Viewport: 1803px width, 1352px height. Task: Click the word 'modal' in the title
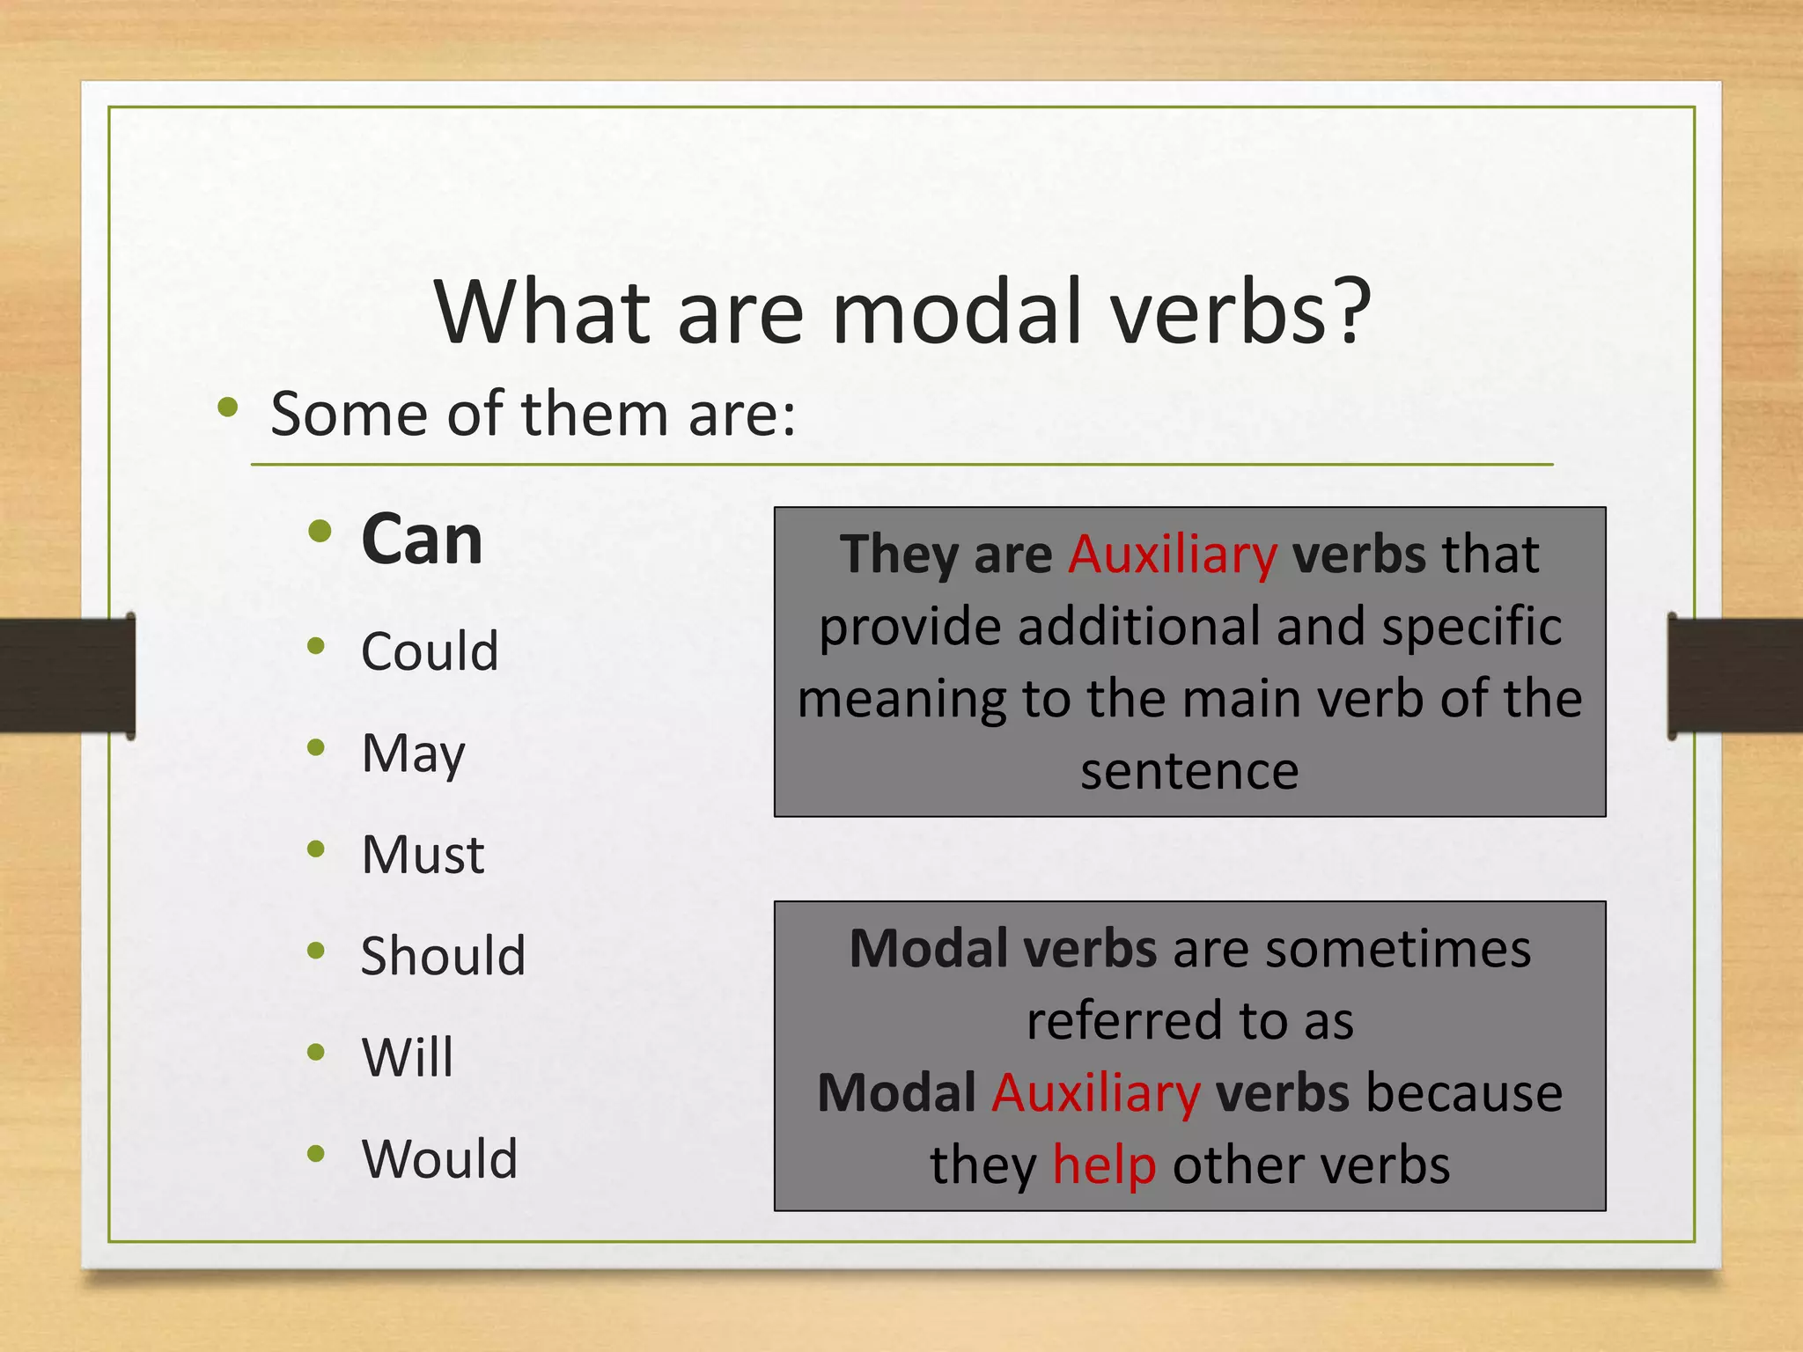(x=956, y=312)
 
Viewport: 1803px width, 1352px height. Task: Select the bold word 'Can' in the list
(x=422, y=540)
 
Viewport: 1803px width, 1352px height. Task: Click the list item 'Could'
(x=430, y=651)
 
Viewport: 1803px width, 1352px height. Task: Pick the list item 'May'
(x=413, y=754)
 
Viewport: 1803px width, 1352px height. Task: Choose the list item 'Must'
(x=423, y=855)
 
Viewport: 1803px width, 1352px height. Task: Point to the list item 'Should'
(x=443, y=956)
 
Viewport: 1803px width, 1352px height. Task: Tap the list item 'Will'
(x=408, y=1057)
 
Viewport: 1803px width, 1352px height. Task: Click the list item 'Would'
(x=439, y=1158)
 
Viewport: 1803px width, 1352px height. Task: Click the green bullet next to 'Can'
(x=320, y=532)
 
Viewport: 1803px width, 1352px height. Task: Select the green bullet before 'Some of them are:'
(x=228, y=407)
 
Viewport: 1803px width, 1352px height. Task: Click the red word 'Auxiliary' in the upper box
(x=1172, y=555)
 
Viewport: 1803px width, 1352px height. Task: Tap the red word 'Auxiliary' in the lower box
(x=1095, y=1093)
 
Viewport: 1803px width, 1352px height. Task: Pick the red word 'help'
(x=1104, y=1165)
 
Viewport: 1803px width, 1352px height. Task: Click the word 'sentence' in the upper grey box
(x=1189, y=771)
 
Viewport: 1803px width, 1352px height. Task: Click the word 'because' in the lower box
(x=1463, y=1093)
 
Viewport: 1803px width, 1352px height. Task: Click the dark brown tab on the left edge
(x=66, y=675)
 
